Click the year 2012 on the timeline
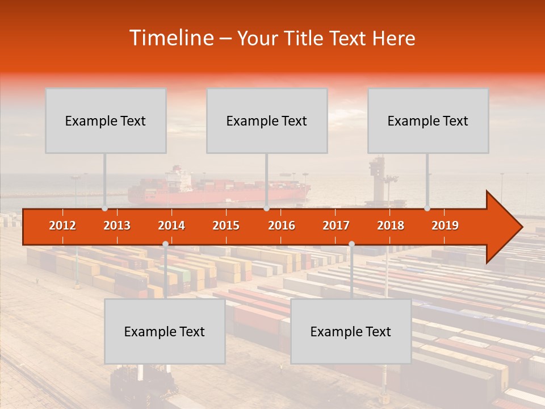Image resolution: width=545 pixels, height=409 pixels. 62,226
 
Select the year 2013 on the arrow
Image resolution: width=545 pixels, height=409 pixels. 117,226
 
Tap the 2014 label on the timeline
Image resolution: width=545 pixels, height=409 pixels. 171,226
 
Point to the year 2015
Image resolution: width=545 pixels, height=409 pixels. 226,226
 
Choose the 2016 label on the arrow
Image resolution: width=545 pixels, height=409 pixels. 282,226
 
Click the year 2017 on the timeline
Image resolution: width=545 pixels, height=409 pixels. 336,226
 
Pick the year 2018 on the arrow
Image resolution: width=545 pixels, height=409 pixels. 391,226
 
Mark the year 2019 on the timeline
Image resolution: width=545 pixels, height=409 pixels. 445,226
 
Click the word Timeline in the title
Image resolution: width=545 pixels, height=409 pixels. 171,38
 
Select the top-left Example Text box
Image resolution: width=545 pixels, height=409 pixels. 106,120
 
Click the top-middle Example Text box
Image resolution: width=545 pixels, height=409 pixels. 267,120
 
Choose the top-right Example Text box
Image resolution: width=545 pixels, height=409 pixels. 428,120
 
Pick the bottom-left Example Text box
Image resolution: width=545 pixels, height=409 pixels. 165,331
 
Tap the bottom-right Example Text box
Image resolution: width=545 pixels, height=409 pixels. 351,331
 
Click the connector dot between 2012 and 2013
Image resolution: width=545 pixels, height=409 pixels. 105,208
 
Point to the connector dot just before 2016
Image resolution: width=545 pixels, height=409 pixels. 266,208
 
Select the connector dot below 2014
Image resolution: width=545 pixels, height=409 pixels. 165,244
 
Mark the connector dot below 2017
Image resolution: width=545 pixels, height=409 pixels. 351,244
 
